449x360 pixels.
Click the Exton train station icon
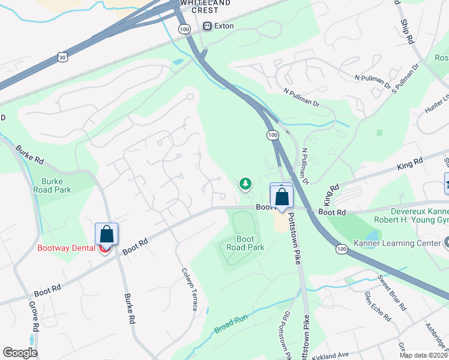point(208,26)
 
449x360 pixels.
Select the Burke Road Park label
point(56,185)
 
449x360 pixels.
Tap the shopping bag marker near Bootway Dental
point(106,235)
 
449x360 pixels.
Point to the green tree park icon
point(245,184)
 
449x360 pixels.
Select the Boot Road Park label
point(246,243)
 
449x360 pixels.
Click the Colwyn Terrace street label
point(190,289)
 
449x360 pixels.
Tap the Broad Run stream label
point(231,325)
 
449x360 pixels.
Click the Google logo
point(20,353)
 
